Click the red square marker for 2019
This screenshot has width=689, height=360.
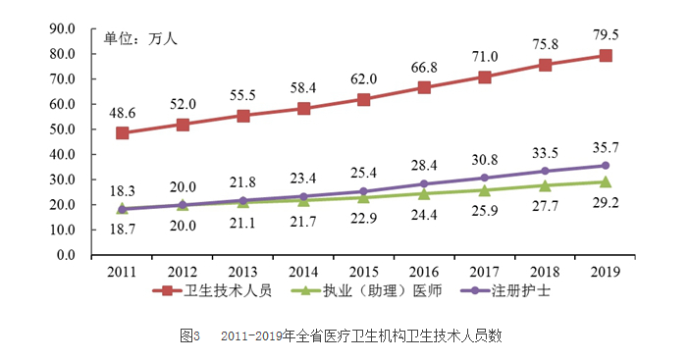[606, 56]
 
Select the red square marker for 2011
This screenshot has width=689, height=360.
[122, 132]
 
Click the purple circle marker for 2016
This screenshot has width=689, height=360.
[424, 183]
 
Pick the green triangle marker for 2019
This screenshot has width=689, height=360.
[606, 181]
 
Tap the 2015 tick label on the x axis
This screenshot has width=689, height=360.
[364, 271]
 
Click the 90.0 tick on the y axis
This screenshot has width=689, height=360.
[62, 28]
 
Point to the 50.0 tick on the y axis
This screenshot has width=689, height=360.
[62, 129]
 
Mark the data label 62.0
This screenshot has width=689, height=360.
[364, 77]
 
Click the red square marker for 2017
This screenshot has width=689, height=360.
[485, 77]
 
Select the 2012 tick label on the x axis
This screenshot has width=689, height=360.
[183, 271]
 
